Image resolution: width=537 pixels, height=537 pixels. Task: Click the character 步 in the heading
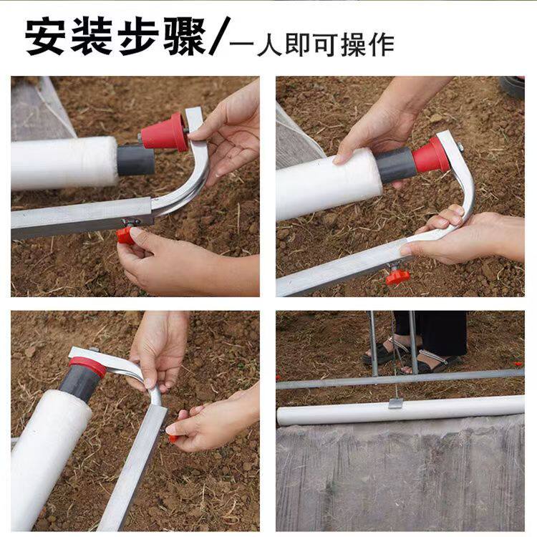[x=138, y=37]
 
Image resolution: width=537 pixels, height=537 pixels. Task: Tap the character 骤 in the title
[x=184, y=37]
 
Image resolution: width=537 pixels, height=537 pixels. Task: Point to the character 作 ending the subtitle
[x=382, y=45]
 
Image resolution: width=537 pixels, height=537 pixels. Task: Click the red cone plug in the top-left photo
[x=165, y=132]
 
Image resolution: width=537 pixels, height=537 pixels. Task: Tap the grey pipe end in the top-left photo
[x=135, y=160]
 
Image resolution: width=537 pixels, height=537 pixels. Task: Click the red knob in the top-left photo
[x=125, y=236]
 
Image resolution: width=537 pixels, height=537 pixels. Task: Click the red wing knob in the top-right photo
[x=397, y=277]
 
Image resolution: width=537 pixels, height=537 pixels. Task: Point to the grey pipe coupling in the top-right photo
[x=395, y=165]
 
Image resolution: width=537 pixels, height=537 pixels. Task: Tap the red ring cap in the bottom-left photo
[x=88, y=366]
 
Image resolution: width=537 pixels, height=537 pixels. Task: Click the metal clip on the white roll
[x=395, y=403]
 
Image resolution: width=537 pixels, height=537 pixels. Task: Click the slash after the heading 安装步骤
[x=220, y=37]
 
